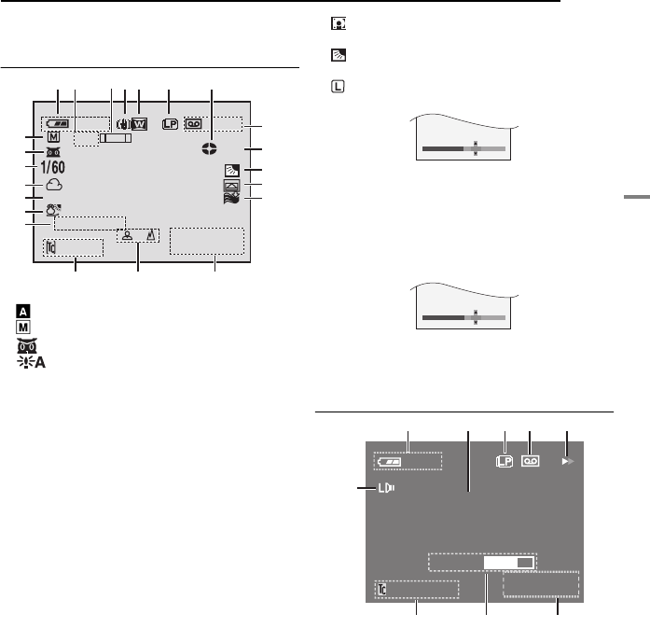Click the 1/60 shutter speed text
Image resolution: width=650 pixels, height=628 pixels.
tap(52, 167)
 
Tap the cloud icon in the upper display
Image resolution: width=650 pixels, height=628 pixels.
tap(54, 185)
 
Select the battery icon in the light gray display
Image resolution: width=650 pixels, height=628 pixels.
tap(58, 123)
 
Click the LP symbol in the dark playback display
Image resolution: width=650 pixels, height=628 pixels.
tap(505, 461)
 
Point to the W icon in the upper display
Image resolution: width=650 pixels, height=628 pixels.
tap(139, 124)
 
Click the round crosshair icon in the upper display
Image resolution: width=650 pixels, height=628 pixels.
tap(209, 148)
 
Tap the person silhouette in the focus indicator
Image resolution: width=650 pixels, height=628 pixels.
tap(127, 235)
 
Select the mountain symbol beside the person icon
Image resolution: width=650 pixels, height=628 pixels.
tap(151, 235)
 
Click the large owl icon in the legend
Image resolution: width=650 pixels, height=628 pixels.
tap(27, 345)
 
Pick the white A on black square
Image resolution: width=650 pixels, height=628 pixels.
tap(23, 311)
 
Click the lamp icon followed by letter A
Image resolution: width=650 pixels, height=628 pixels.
tap(31, 363)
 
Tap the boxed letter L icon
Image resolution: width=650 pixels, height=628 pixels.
tap(338, 86)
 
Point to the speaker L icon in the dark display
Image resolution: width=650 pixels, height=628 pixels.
tap(385, 488)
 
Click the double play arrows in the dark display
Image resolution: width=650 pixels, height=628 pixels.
tap(568, 461)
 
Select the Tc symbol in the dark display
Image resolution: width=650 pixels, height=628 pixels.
tap(382, 589)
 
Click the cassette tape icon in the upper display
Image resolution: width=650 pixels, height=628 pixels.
tap(194, 124)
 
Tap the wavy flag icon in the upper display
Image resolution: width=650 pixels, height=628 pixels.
tap(231, 199)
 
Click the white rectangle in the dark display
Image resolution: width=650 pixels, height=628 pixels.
tap(509, 563)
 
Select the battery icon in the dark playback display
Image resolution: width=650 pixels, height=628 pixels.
tap(389, 462)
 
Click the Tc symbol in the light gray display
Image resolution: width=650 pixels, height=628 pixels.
tap(51, 247)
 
